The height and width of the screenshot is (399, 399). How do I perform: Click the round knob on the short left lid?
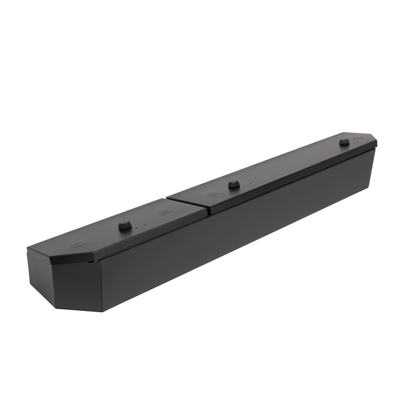coord(124,227)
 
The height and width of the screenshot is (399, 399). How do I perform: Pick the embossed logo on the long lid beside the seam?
coord(213,194)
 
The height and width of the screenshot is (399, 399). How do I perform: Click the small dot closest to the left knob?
coord(136,228)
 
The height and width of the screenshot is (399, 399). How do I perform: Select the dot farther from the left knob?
coord(144,224)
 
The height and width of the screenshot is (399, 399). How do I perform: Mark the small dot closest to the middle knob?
coord(244,186)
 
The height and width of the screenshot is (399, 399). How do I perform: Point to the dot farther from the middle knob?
coord(250,183)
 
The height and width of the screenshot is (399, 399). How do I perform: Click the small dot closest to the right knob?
coord(354,143)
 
